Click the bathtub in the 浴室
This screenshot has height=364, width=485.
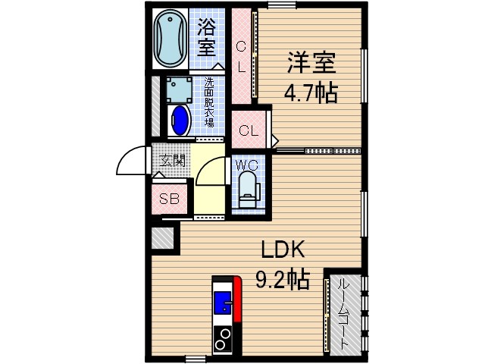170,38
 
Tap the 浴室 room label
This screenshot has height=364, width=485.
206,37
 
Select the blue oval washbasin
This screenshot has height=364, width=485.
180,121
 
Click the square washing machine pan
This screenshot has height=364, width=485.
180,89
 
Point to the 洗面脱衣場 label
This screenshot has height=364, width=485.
209,102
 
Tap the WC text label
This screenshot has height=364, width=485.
247,165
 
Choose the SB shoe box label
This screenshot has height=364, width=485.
169,199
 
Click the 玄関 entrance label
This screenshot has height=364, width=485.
172,161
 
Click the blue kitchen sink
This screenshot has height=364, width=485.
223,302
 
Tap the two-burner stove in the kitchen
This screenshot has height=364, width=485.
223,339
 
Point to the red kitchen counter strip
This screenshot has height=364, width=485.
237,299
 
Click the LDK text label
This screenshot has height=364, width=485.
283,249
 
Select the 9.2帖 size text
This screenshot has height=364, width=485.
283,279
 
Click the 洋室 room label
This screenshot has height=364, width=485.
311,63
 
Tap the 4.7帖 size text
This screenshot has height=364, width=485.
311,93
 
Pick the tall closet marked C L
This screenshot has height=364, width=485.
241,56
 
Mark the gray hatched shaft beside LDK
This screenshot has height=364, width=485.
162,237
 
